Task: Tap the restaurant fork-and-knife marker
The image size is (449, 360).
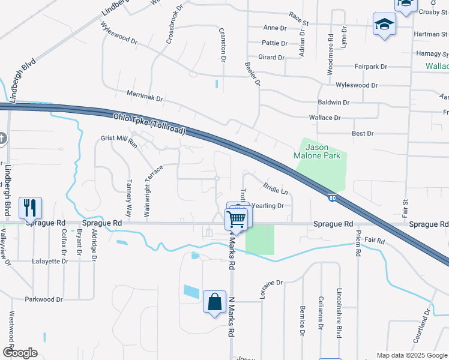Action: point(30,209)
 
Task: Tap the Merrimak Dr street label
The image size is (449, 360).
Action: point(145,96)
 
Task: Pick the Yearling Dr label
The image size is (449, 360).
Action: point(267,205)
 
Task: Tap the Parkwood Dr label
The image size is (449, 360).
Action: point(43,299)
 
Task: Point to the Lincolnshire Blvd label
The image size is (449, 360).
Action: point(339,311)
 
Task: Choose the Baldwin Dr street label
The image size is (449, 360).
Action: point(333,103)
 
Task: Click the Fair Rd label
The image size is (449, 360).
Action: point(374,240)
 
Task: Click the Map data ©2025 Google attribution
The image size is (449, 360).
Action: point(411,355)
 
